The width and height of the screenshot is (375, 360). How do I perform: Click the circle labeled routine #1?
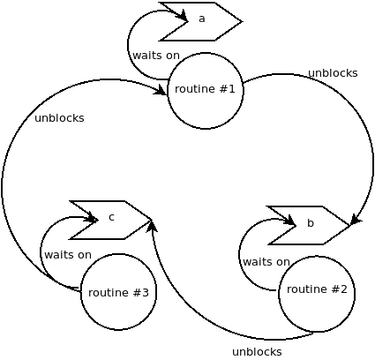click(x=205, y=90)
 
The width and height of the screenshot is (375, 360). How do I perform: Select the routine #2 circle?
click(x=317, y=294)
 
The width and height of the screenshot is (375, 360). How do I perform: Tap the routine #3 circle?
click(x=118, y=292)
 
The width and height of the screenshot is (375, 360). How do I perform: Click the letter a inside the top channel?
click(x=201, y=19)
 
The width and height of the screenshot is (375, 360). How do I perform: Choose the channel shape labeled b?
click(x=311, y=224)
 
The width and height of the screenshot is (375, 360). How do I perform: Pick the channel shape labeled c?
click(x=112, y=218)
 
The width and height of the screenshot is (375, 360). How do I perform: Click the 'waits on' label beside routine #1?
click(x=156, y=56)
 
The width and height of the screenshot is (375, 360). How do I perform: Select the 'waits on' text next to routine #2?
click(x=266, y=262)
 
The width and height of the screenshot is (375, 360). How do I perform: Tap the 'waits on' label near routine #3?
click(x=68, y=255)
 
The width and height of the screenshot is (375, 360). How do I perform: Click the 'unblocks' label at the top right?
click(x=333, y=73)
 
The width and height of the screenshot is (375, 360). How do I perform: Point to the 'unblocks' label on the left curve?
click(x=59, y=118)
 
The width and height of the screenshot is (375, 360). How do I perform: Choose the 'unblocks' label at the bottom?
click(x=257, y=352)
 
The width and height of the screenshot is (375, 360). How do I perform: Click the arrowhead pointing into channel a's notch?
click(x=182, y=17)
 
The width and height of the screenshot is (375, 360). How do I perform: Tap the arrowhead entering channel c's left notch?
click(x=91, y=217)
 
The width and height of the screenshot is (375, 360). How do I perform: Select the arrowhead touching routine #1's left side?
click(x=161, y=89)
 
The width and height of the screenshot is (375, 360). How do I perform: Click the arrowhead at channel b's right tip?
click(x=355, y=219)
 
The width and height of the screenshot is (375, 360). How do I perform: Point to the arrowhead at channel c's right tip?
click(x=152, y=226)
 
